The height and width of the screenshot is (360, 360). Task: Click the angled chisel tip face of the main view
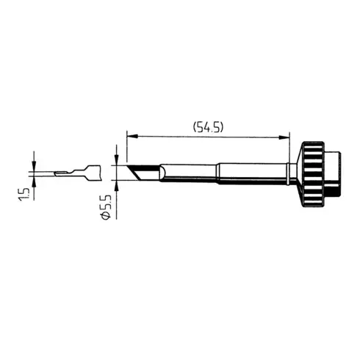(x=135, y=174)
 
